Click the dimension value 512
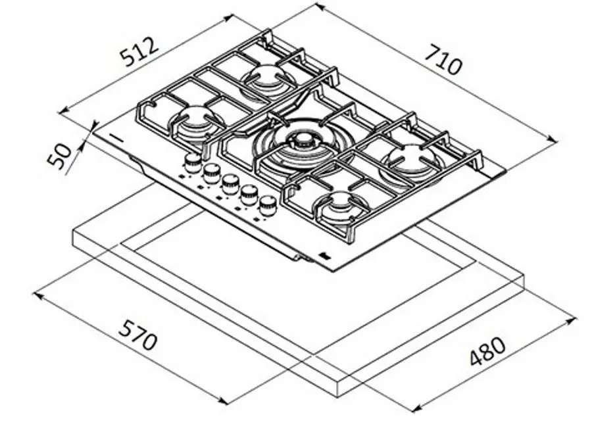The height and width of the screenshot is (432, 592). coord(139,53)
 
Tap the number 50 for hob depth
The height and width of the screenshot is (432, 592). coord(61,156)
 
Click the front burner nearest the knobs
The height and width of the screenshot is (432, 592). coord(340,207)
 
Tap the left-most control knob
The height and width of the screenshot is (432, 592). coord(193,164)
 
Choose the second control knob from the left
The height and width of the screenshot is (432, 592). coord(211,174)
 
